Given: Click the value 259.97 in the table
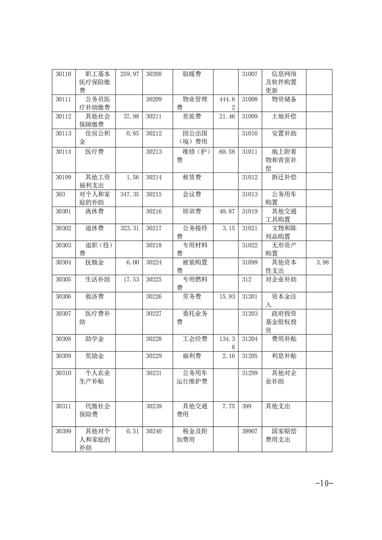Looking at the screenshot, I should tap(129, 74).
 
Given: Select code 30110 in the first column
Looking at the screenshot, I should tap(63, 74).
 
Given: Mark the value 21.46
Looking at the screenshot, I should tap(227, 116).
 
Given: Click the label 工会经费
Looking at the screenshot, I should tap(195, 339).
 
